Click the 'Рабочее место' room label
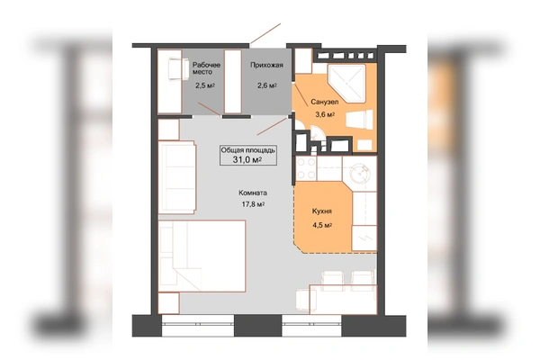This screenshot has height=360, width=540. (206, 68)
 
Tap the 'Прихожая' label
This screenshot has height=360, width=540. (266, 65)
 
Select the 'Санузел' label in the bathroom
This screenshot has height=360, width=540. (324, 102)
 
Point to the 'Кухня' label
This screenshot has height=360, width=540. (322, 211)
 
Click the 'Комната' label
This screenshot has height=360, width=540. (253, 193)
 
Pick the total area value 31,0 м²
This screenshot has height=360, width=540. (247, 159)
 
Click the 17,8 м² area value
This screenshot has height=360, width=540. (253, 204)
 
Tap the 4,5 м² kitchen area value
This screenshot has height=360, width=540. (322, 225)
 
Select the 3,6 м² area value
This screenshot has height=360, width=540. (325, 114)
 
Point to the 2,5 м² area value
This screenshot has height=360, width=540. (205, 85)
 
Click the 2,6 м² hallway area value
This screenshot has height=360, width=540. (267, 85)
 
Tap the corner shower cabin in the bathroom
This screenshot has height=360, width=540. (346, 84)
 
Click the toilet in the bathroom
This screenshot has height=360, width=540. (359, 120)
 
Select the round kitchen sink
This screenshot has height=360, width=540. (359, 172)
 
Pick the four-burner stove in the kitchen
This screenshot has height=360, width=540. (306, 168)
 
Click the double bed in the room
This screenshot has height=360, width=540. (202, 256)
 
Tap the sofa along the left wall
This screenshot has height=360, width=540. (177, 177)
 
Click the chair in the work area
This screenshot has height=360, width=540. (178, 69)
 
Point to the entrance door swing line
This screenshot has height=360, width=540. (265, 33)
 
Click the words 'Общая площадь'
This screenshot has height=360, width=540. (248, 150)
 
